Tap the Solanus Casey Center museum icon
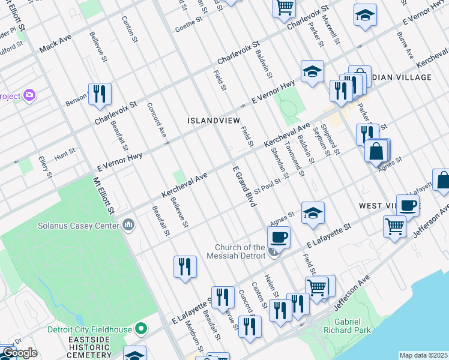tap(128, 225)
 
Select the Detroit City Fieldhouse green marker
tap(141, 329)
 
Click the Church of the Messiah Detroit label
tap(241, 251)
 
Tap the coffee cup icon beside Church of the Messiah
tap(279, 237)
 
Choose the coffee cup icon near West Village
tap(408, 205)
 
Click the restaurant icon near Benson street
tap(100, 94)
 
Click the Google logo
tap(20, 353)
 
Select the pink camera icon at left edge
tap(28, 95)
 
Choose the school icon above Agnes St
tap(313, 213)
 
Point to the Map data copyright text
tap(423, 355)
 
